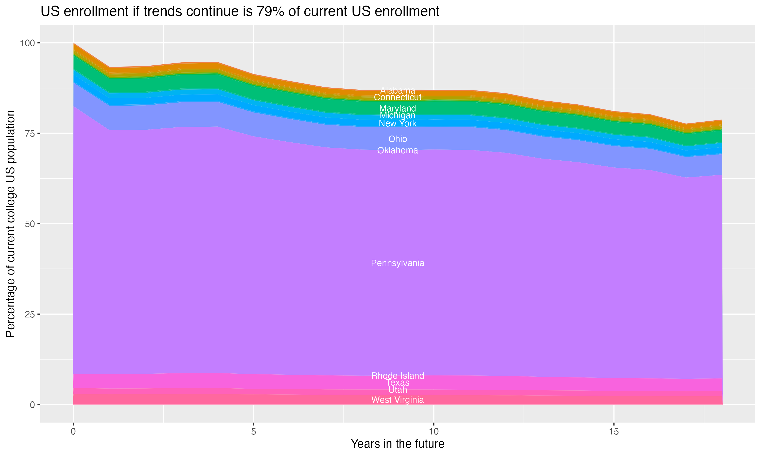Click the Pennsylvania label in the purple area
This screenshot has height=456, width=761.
pos(397,263)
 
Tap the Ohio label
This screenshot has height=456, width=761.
pos(397,139)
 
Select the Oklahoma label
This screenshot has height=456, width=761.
pos(397,150)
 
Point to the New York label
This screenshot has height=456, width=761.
pos(397,124)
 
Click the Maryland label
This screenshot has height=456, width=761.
pos(397,108)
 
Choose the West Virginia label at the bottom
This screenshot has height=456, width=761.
pos(397,400)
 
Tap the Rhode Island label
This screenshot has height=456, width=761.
pos(397,375)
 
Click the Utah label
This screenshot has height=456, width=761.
pos(397,390)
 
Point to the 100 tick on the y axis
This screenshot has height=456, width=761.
pos(27,43)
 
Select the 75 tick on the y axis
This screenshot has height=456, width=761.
pos(29,133)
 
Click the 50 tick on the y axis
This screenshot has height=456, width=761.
pos(29,224)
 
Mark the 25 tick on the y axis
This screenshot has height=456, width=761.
pos(29,314)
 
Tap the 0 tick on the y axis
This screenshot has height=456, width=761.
pos(32,405)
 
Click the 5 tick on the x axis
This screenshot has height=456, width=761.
pos(253,432)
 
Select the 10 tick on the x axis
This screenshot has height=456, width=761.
pos(434,432)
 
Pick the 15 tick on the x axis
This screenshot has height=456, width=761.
pos(614,432)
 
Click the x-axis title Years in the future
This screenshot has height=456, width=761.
pos(397,444)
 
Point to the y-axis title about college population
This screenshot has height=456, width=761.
pos(10,223)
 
